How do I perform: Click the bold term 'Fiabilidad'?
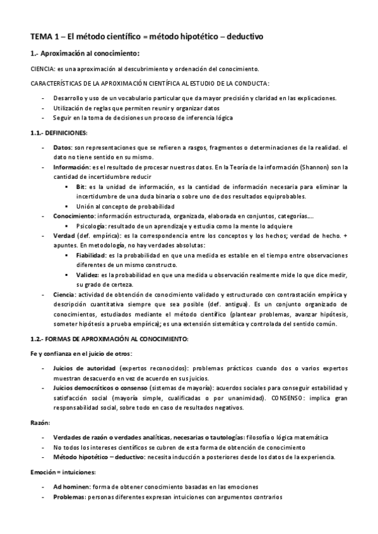pos(90,255)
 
